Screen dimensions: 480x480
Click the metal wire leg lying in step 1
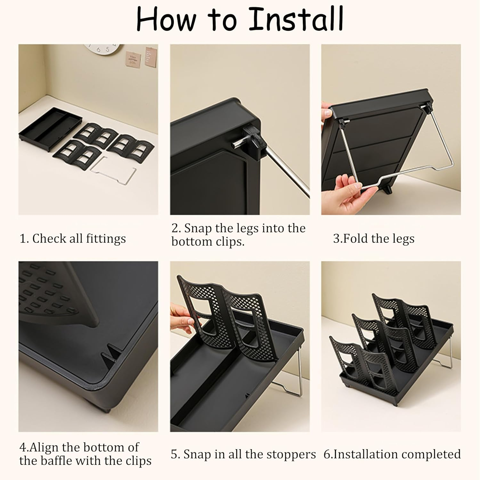(114, 170)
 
